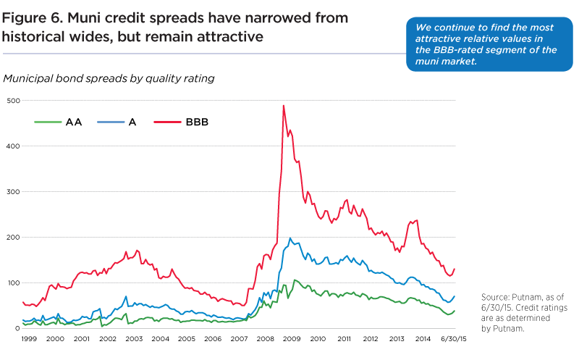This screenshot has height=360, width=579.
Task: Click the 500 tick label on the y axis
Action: (12, 100)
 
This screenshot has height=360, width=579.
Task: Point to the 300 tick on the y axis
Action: (12, 191)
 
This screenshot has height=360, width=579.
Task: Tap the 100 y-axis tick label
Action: (12, 282)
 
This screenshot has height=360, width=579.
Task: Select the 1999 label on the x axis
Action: (28, 338)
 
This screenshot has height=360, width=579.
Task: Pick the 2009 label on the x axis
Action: (291, 338)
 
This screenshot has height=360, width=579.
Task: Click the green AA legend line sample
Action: (48, 123)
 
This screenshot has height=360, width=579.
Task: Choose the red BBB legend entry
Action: (182, 123)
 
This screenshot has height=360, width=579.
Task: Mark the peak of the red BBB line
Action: (283, 106)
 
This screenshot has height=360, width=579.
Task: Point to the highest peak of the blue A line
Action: (290, 238)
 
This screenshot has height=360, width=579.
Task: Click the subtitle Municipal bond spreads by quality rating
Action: (109, 78)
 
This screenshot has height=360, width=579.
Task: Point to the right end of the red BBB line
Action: (455, 269)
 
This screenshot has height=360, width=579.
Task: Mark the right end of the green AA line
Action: (455, 311)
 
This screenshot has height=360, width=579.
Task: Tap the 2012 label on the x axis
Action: (370, 338)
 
